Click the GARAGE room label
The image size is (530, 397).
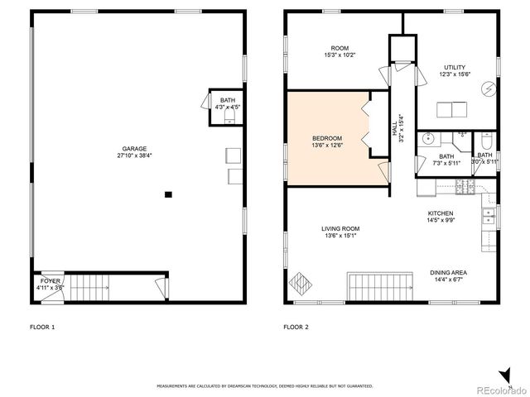point(134,149)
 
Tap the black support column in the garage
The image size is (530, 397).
point(168,194)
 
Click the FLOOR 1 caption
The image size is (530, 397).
point(41,328)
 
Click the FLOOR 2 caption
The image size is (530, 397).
point(296,328)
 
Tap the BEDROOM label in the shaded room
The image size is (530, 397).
point(326,137)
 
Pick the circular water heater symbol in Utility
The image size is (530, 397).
point(488,88)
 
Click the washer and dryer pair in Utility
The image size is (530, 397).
point(451,108)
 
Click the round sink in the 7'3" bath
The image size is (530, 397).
point(426,140)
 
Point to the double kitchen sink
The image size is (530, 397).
point(489,217)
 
